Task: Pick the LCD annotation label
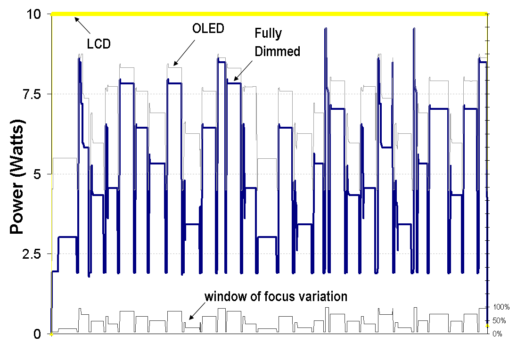pos(98,44)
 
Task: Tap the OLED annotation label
pos(208,28)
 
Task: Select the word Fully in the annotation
pos(268,34)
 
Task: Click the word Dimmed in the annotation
pos(278,51)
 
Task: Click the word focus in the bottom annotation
pos(271,296)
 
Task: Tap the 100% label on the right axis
pos(501,307)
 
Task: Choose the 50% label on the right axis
pos(500,321)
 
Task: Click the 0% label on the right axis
pos(498,334)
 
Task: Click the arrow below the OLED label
pos(183,53)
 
